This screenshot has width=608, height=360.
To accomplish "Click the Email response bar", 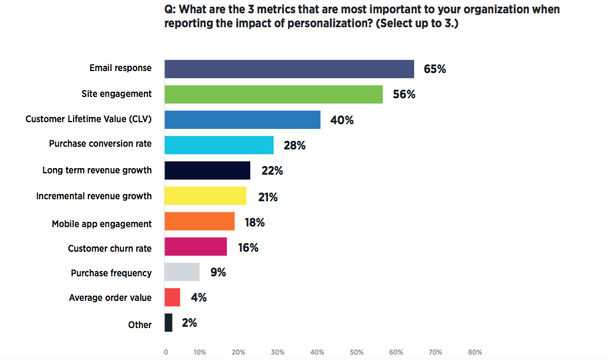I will [289, 69].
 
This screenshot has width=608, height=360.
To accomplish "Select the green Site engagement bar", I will [273, 94].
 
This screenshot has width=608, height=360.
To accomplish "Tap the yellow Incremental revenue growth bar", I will [205, 196].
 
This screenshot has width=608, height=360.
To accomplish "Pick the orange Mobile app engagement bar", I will [199, 221].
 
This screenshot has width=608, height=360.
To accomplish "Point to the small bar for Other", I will [169, 323].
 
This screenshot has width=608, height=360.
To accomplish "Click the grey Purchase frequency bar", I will [182, 272].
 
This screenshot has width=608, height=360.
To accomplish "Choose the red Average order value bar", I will [173, 297].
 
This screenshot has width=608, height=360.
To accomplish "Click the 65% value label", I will [435, 69].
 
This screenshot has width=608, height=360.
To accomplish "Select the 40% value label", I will [342, 120].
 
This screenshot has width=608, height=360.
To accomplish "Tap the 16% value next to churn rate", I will [247, 248].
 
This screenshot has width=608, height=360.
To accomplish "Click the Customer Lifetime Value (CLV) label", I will [88, 119].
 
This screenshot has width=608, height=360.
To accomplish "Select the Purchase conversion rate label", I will [100, 143].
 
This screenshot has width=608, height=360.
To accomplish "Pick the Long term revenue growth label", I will [97, 170].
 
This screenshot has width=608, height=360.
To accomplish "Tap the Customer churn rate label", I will [110, 248].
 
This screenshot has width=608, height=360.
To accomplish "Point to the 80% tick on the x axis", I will [475, 352].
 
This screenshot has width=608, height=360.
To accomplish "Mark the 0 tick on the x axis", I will [165, 352].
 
